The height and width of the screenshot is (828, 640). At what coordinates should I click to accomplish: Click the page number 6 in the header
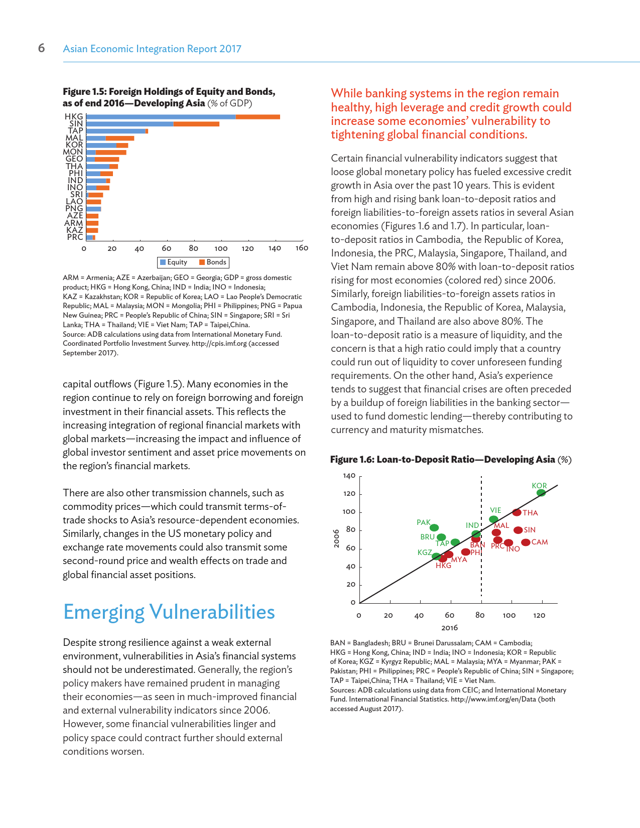pos(41,48)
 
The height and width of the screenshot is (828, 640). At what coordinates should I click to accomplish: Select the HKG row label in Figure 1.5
pos(74,116)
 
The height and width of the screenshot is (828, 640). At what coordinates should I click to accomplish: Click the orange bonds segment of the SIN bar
pos(196,124)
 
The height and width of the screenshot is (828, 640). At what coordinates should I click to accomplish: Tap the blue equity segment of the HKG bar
pos(161,117)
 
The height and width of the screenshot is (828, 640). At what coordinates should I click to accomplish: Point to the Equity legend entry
pos(173,262)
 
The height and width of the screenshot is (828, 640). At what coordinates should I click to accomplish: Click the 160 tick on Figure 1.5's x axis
pos(302,248)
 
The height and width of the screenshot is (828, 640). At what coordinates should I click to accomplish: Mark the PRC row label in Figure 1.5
pos(75,237)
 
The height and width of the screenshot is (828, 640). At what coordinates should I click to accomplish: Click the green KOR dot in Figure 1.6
pos(541,493)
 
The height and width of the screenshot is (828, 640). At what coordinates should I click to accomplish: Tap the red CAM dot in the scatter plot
pos(526,542)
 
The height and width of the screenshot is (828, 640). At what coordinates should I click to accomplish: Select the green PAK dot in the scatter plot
pos(434,527)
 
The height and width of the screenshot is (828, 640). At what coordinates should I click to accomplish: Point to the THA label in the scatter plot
pos(530,513)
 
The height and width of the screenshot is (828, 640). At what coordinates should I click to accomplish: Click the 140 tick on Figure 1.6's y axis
pos(349,475)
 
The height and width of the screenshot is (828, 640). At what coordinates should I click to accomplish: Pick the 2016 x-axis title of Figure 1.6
pos(449,628)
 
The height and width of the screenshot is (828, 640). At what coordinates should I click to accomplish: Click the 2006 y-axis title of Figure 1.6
pos(337,538)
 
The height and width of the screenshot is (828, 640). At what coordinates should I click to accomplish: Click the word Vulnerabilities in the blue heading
pos(212,612)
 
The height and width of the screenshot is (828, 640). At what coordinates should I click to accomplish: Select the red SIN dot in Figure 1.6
pos(518,530)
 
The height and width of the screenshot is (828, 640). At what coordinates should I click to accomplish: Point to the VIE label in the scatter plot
pos(495,510)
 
